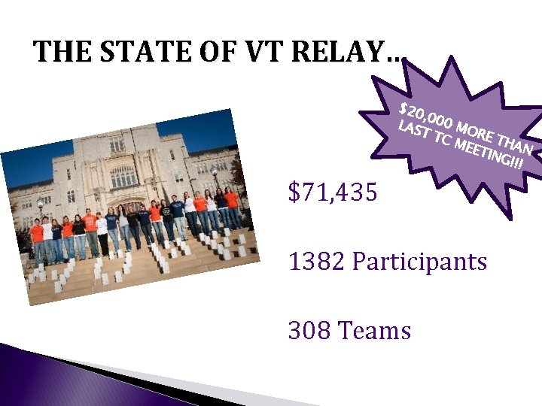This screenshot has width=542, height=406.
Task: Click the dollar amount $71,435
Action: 333,195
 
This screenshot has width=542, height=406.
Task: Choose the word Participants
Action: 419,263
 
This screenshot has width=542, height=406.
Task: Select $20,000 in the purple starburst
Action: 424,114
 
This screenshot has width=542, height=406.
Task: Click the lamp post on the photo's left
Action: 40,207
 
